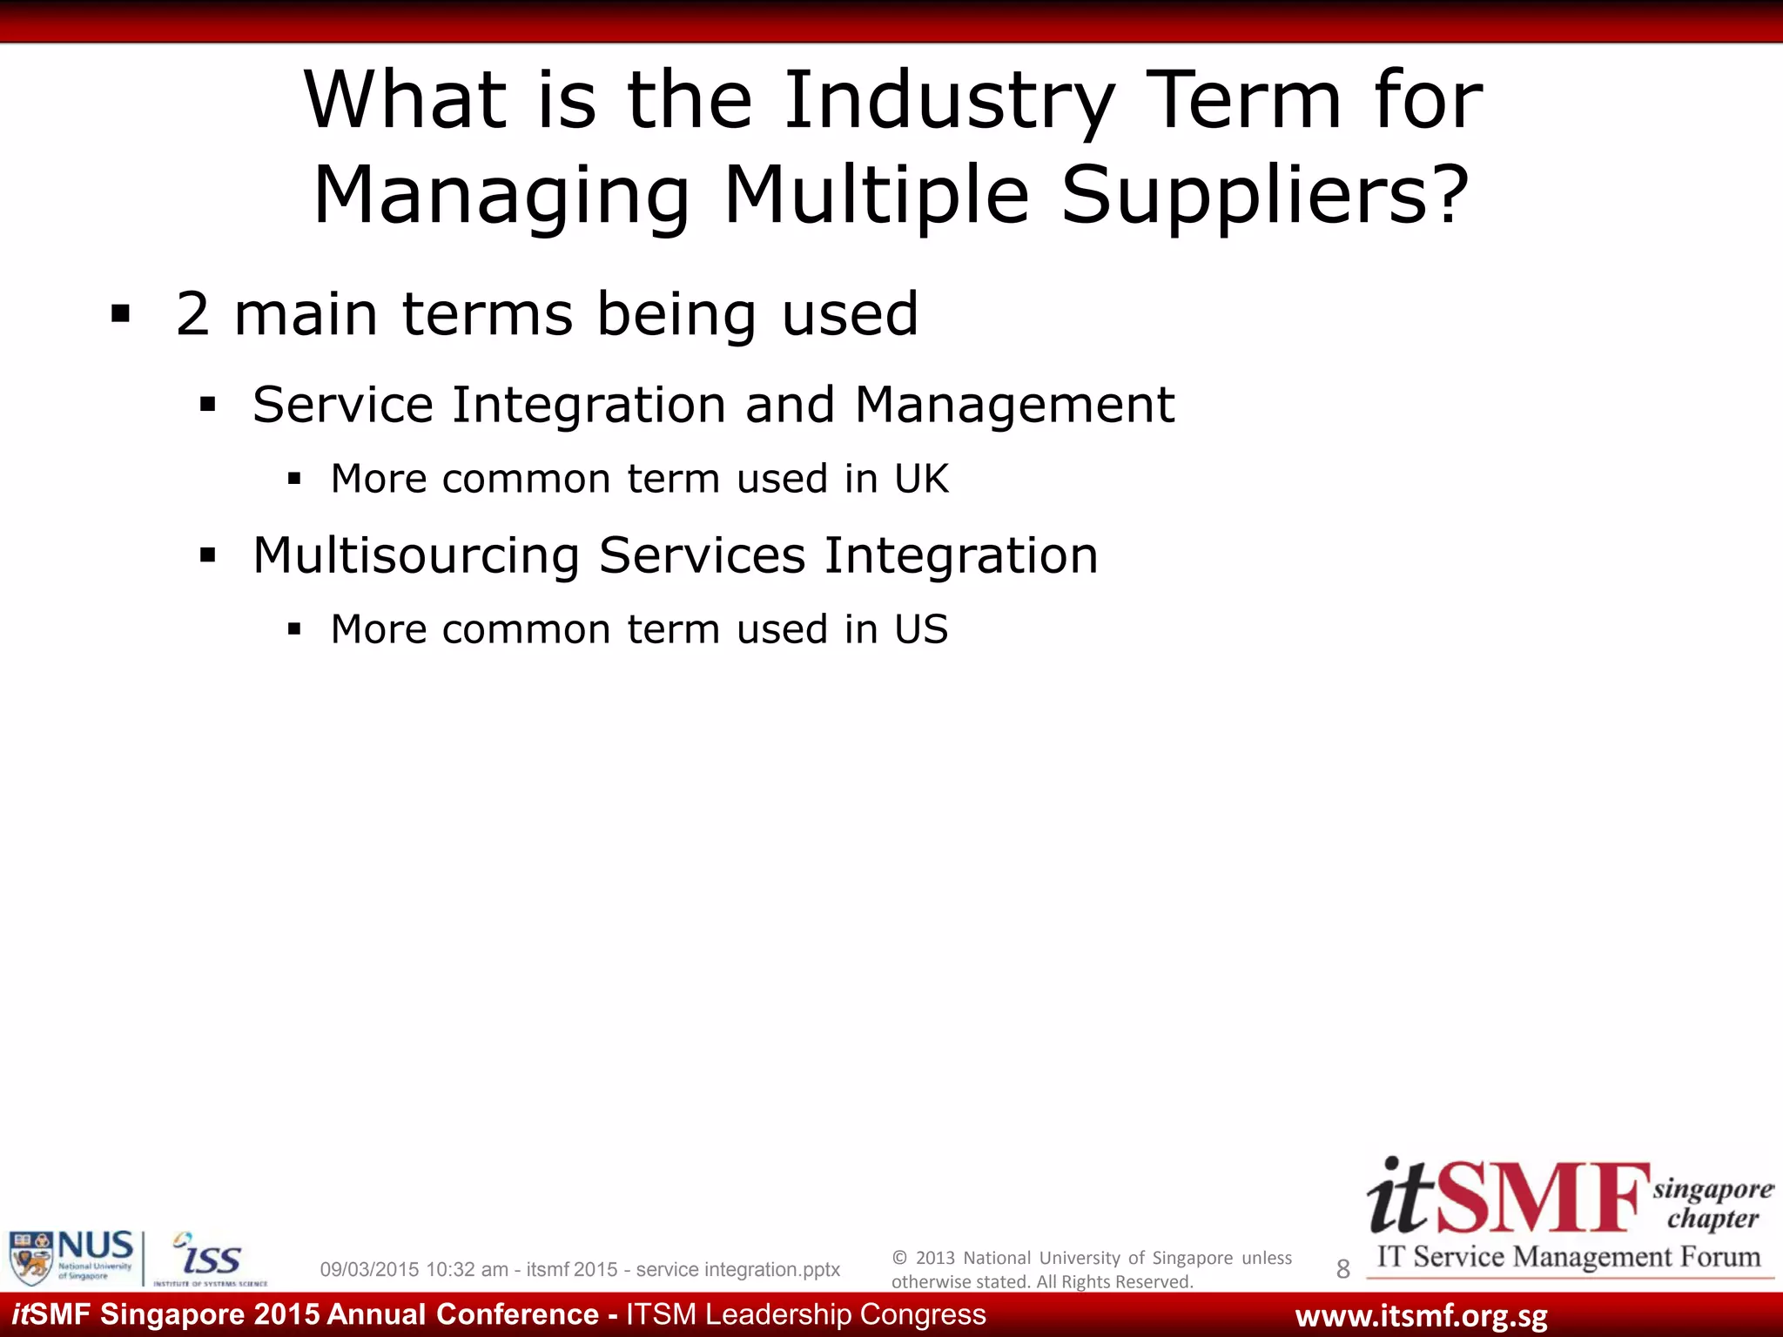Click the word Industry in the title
[949, 102]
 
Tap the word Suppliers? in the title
[1266, 195]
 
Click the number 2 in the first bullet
[192, 314]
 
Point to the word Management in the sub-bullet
[1014, 405]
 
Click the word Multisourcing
[416, 555]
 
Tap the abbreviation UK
[921, 479]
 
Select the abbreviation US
[921, 629]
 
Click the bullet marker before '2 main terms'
[120, 314]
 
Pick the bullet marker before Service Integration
[207, 405]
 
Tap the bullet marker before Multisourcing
[207, 555]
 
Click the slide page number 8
[1342, 1269]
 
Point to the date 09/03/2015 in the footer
[369, 1270]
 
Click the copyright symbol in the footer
[900, 1258]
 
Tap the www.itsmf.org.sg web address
[1421, 1316]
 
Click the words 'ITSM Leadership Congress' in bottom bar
[806, 1314]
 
